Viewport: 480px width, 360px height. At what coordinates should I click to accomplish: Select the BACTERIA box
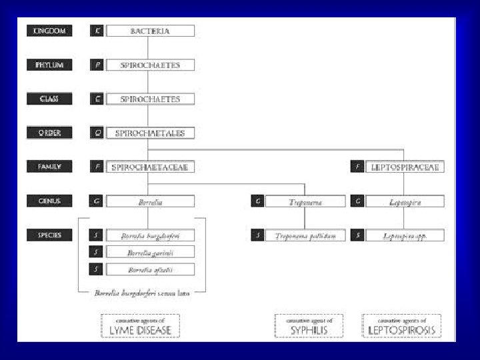point(150,31)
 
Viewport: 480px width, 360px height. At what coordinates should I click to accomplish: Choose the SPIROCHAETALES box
point(150,133)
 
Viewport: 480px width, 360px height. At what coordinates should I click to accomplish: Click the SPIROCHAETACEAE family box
point(150,167)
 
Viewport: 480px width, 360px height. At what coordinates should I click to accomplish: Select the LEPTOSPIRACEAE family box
point(405,167)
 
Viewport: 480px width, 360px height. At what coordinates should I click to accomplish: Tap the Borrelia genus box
point(150,201)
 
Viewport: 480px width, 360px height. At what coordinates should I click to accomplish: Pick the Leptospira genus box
point(405,201)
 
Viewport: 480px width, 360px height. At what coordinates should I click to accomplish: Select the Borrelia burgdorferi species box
point(150,235)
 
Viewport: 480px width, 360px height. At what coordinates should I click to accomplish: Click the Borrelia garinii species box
point(150,252)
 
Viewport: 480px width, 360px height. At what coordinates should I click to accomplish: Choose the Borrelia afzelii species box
point(150,269)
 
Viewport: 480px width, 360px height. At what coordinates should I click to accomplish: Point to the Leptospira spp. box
point(405,235)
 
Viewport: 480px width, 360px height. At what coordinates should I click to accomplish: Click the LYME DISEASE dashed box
point(140,325)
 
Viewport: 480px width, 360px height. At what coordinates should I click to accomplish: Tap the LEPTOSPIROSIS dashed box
point(401,325)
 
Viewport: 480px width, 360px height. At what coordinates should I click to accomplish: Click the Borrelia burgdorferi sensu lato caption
point(142,293)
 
